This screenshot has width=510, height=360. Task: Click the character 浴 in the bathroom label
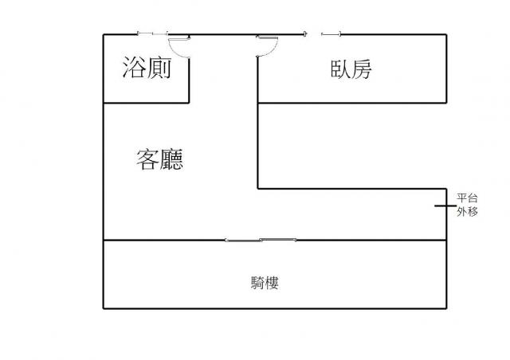coord(133,68)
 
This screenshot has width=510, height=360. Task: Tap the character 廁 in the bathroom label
coord(159,68)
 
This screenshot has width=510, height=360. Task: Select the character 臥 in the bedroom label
coord(340,69)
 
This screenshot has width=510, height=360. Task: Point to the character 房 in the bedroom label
coord(361,69)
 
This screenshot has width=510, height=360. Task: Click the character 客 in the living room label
coord(147,159)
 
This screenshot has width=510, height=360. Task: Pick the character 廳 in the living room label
coord(171,159)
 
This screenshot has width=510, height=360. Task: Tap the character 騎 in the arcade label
coord(257,283)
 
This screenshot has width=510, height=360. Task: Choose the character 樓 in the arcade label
coord(272,283)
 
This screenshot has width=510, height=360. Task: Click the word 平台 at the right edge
coord(467,198)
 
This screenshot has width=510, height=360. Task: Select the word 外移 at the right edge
coord(467,212)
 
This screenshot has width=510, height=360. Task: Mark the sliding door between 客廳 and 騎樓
coord(261,241)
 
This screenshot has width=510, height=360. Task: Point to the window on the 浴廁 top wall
coord(152,33)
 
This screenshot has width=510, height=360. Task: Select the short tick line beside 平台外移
coord(445,205)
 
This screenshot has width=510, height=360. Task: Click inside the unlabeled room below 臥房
coord(352,146)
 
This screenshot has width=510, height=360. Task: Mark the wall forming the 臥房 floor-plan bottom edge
coord(352,103)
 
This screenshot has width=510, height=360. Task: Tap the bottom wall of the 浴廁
coord(146,103)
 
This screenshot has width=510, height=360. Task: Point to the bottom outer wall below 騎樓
coord(275,308)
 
